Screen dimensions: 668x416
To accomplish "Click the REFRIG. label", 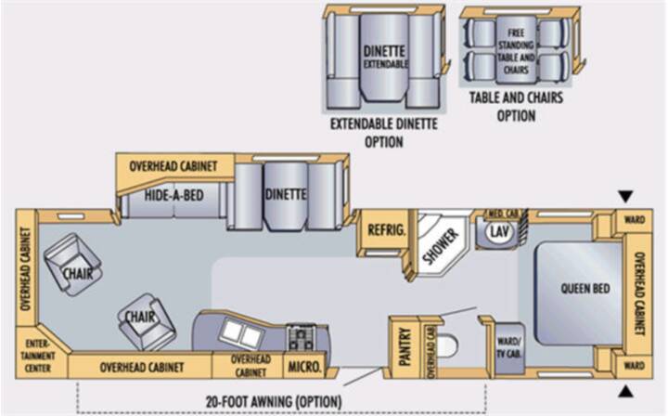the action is point(386,230).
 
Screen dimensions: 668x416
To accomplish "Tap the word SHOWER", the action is point(441,246).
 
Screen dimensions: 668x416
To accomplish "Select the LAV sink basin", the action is point(499,231).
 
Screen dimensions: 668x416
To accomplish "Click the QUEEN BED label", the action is point(584,289).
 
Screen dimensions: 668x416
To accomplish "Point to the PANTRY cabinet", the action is point(405,347).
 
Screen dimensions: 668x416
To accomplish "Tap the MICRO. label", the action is point(304,367).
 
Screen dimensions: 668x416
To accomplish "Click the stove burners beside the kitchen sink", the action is point(302,337).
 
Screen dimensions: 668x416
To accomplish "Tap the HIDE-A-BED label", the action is point(173,196).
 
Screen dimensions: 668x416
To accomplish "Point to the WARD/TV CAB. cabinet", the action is point(508,348).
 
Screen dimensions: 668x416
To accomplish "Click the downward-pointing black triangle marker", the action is point(625,197).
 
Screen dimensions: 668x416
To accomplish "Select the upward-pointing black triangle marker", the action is point(625,391).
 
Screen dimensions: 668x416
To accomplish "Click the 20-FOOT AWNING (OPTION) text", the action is point(274,401).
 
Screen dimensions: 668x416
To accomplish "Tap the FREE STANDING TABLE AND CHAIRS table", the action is point(516,49).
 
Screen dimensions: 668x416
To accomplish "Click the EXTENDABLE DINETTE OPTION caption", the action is point(384,133).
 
